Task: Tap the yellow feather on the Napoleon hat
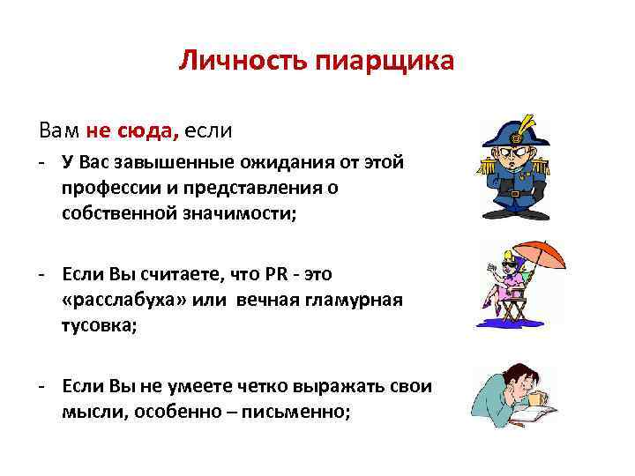coord(529,120)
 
